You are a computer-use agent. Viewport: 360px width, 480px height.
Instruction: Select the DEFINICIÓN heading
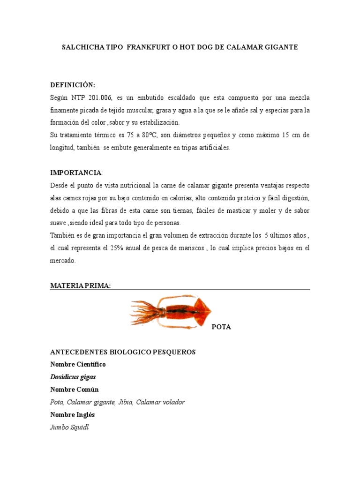pyautogui.click(x=73, y=85)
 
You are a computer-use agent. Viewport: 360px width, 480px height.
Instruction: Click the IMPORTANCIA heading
pyautogui.click(x=76, y=172)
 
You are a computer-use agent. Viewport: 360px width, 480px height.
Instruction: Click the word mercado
pyautogui.click(x=63, y=260)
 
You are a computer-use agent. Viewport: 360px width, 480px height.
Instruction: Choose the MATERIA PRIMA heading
pyautogui.click(x=80, y=286)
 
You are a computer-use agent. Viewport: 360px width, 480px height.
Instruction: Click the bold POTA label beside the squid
pyautogui.click(x=221, y=327)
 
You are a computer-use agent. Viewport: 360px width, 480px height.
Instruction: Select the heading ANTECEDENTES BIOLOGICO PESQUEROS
pyautogui.click(x=123, y=352)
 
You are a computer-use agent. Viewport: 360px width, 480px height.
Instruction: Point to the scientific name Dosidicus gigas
pyautogui.click(x=73, y=377)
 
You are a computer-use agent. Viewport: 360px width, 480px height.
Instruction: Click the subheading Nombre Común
pyautogui.click(x=75, y=390)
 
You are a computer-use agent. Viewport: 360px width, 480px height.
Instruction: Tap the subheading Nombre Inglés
pyautogui.click(x=73, y=415)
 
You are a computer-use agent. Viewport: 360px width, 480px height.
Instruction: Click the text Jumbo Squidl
pyautogui.click(x=69, y=427)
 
